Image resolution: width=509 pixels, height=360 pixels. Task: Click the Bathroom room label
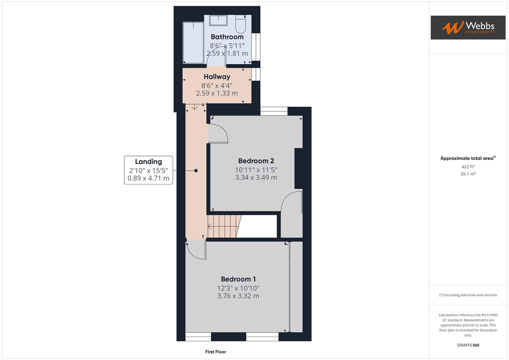(227, 37)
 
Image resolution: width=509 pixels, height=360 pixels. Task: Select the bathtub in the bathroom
(193, 42)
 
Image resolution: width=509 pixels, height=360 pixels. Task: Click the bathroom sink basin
(218, 20)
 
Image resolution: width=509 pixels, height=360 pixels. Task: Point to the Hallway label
(217, 77)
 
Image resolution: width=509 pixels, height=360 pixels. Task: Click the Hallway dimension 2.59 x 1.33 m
(217, 93)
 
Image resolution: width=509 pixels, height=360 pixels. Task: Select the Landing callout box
(148, 170)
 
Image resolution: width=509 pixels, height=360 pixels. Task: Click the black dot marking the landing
(196, 171)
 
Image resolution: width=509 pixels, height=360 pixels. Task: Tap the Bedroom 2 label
(256, 161)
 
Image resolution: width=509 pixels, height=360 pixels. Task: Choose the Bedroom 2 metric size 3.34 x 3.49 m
(256, 178)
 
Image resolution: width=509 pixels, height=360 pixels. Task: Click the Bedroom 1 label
(238, 279)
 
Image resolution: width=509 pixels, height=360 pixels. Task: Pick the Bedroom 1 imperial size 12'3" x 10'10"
(238, 288)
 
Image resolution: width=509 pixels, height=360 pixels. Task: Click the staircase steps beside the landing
(223, 226)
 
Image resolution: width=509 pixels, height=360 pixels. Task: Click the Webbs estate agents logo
(468, 28)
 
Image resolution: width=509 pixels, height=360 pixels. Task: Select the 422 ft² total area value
(468, 167)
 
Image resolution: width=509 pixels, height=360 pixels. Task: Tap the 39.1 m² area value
(468, 174)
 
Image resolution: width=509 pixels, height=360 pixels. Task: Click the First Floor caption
(216, 352)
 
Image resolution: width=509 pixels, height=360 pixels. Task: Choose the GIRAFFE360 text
(468, 345)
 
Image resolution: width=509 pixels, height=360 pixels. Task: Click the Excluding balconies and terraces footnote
(468, 295)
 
